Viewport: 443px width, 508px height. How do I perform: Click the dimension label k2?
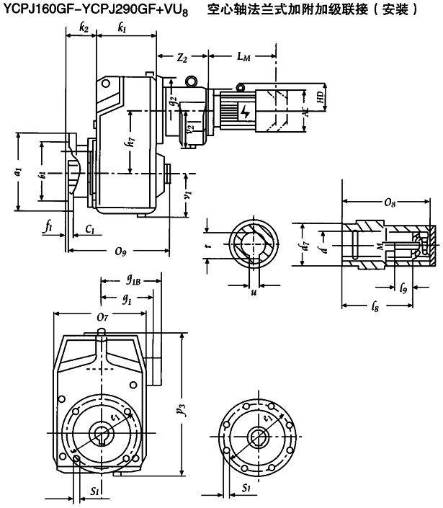coord(84,28)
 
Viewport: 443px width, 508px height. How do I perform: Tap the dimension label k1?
coord(123,28)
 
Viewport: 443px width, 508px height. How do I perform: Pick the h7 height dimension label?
coord(129,142)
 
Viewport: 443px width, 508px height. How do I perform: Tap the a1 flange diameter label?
coord(18,173)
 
